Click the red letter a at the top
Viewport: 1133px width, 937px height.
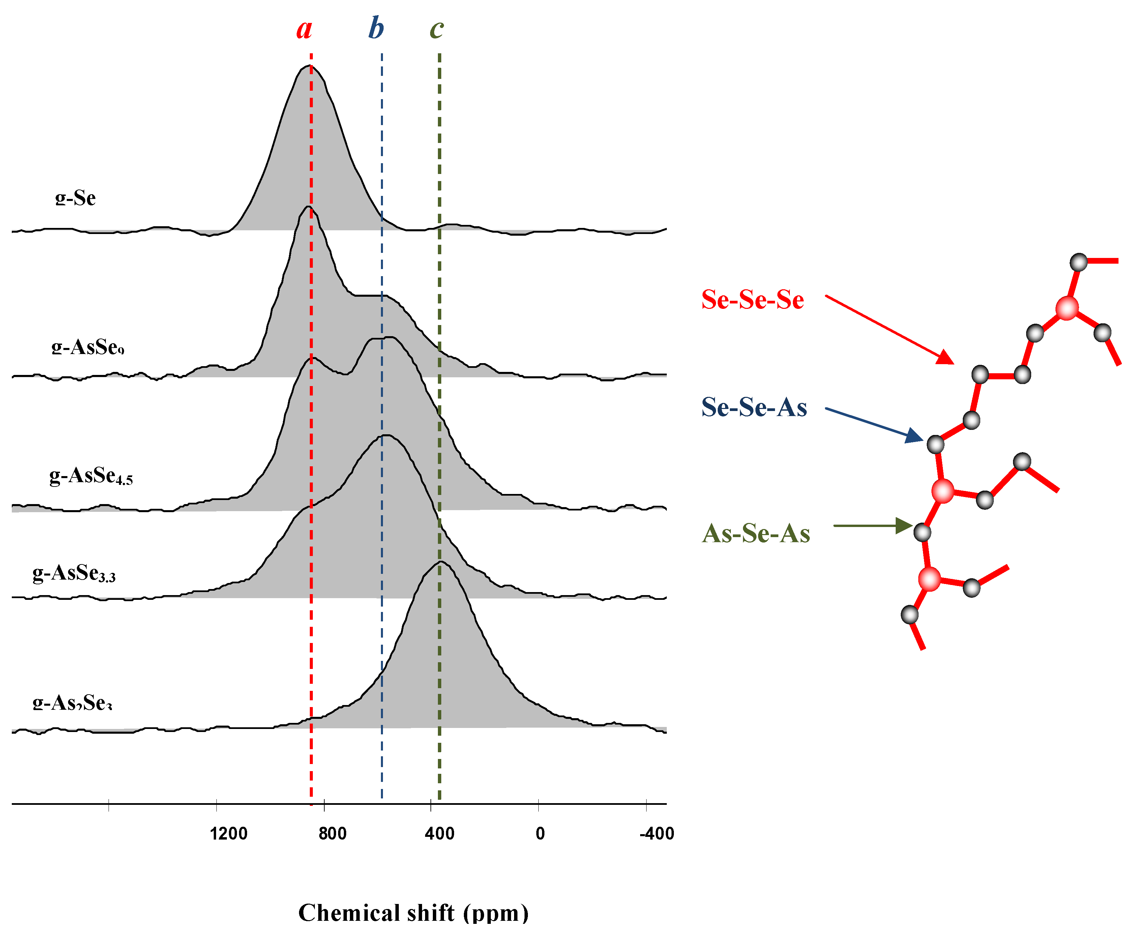(x=304, y=29)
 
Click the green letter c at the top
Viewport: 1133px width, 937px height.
(x=437, y=29)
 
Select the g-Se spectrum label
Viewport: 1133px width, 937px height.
(x=76, y=198)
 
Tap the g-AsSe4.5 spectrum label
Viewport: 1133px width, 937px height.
(x=91, y=476)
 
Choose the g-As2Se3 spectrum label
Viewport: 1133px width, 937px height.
(x=72, y=703)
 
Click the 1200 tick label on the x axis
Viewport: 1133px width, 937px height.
(x=228, y=834)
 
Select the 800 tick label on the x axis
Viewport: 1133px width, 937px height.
(x=332, y=834)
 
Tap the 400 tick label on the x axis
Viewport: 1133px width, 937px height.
(x=439, y=834)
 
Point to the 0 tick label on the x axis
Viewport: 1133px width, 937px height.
(x=540, y=834)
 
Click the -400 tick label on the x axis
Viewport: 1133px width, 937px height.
(x=657, y=834)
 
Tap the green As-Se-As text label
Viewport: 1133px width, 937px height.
(x=756, y=534)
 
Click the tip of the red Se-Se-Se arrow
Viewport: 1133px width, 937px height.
(x=952, y=363)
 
